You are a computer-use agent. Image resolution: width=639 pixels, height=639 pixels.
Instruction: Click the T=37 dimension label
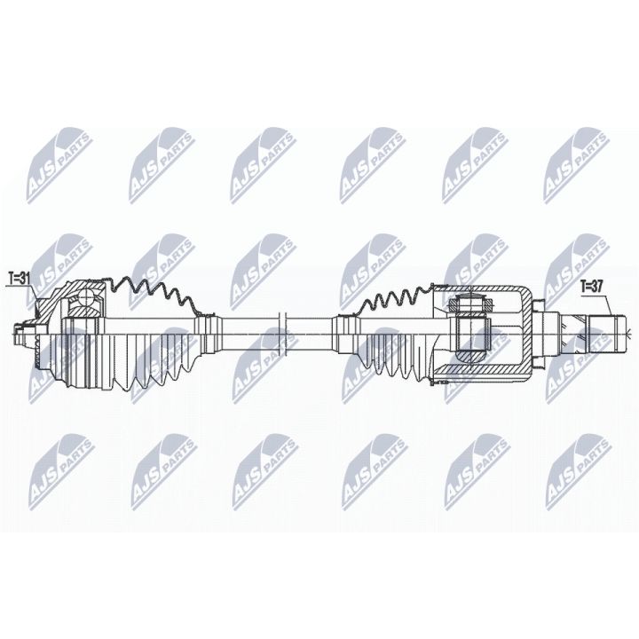[x=593, y=286]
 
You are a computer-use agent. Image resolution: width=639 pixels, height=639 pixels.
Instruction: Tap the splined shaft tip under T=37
[x=604, y=330]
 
